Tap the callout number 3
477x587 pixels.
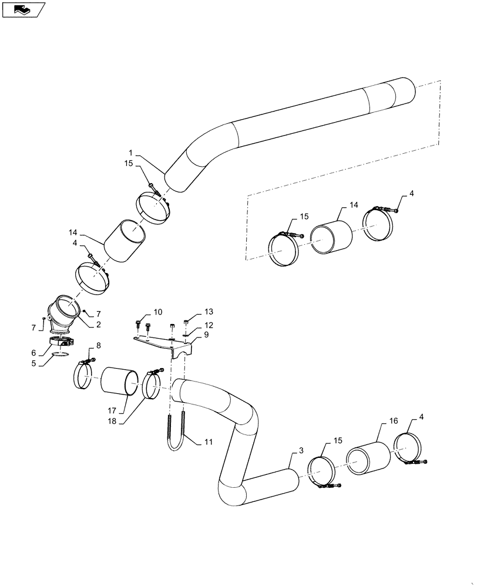click(x=301, y=451)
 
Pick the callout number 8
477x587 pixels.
click(x=98, y=346)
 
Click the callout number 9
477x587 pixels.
click(x=206, y=334)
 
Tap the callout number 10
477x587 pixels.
click(x=158, y=312)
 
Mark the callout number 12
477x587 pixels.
click(x=208, y=325)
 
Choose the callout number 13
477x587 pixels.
click(x=209, y=312)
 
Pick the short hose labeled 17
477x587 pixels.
click(x=120, y=382)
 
